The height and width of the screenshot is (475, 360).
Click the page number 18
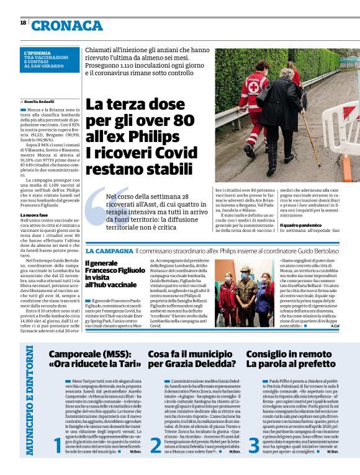(22, 22)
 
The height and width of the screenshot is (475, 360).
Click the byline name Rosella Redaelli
(40, 100)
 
